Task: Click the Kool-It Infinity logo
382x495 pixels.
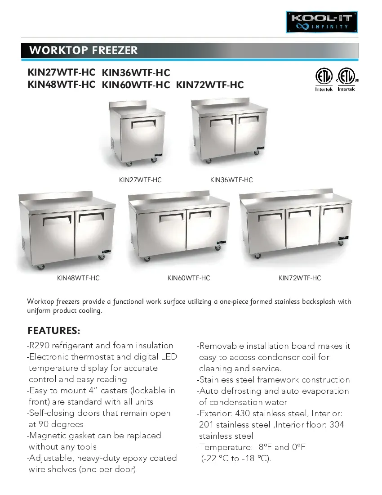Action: [x=322, y=22]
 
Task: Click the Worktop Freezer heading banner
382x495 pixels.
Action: [x=189, y=50]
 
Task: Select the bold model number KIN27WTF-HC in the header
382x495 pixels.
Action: [x=62, y=72]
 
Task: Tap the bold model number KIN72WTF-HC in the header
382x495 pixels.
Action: [x=210, y=84]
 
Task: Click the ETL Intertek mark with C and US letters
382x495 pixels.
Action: [x=346, y=80]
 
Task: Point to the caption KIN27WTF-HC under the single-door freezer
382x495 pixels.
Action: [x=140, y=180]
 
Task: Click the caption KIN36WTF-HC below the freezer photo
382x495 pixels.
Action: [x=231, y=180]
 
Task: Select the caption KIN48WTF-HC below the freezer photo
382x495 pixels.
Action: [x=78, y=278]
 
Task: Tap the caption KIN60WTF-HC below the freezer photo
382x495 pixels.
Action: [x=189, y=278]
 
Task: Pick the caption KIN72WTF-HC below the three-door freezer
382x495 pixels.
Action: [x=300, y=278]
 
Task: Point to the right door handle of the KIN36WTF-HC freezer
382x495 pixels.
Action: [x=248, y=119]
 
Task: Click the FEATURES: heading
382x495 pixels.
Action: [x=54, y=331]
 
